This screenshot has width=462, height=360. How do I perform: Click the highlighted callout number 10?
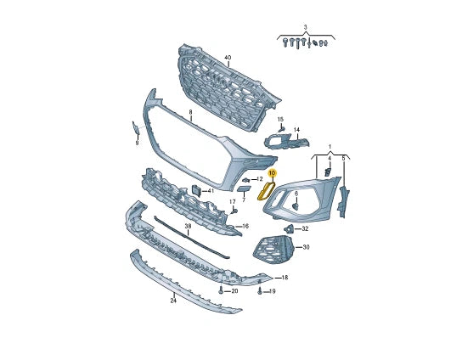point(272,173)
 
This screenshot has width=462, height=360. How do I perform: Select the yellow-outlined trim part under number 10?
point(266,191)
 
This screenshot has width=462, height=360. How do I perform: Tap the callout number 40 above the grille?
point(228,58)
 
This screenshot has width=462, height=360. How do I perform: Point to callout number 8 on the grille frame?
point(190,112)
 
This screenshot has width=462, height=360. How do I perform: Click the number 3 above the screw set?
point(305,27)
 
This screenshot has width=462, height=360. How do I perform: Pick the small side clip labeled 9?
point(136,127)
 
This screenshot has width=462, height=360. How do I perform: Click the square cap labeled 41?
point(196,190)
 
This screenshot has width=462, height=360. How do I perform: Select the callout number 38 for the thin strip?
point(188,226)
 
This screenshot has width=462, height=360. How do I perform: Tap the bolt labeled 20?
point(221,290)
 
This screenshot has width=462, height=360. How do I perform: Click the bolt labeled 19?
point(260,291)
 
